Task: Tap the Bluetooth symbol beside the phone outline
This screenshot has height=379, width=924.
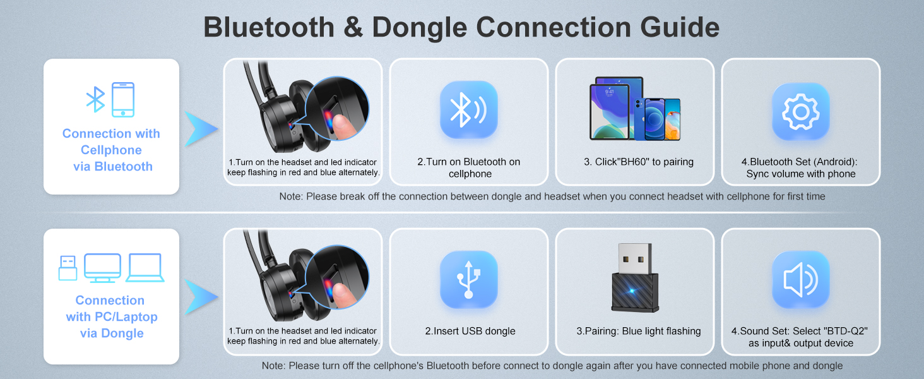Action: pos(95,100)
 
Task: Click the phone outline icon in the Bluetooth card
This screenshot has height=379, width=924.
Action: pos(123,100)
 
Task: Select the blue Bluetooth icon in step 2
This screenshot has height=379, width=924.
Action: pos(468,110)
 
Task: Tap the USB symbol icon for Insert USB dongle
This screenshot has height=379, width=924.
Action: pos(468,279)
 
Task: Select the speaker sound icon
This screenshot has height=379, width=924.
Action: pos(800,279)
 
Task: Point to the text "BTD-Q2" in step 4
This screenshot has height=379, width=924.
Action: pos(841,331)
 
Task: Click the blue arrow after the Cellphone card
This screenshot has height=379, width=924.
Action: pos(201,128)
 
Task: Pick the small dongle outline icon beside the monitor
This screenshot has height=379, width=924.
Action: pos(68,267)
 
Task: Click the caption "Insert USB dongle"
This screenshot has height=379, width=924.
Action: pos(470,331)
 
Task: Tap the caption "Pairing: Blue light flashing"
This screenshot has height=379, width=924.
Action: pos(638,331)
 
